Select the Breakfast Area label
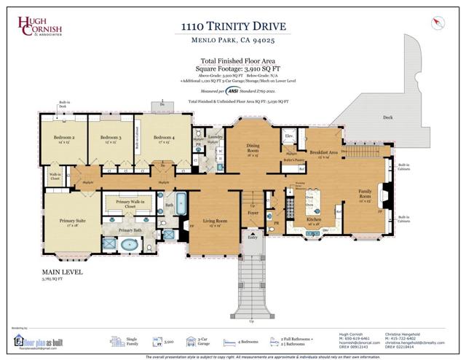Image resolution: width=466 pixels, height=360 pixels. pos(323,152)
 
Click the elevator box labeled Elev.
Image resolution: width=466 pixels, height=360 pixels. pos(288,136)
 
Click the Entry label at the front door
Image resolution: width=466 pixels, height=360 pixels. pos(253,237)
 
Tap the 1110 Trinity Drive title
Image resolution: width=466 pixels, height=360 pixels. pos(232,27)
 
